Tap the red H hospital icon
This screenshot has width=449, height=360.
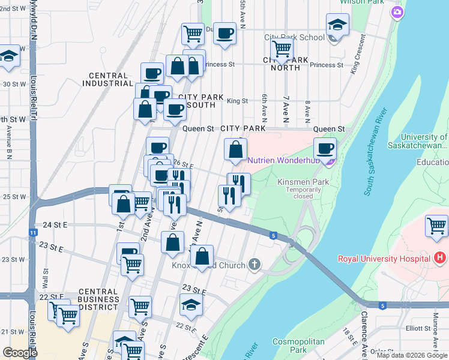pos(440,259)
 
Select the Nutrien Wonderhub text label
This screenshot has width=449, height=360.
pos(280,161)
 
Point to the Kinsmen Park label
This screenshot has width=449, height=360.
pos(295,182)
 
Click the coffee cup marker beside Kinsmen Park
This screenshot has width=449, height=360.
pos(325,149)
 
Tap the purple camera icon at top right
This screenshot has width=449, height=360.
pos(397,12)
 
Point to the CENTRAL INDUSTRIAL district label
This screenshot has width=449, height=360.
pos(108,80)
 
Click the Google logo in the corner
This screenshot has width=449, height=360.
pos(20,353)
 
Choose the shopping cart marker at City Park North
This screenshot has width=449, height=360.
pos(281,49)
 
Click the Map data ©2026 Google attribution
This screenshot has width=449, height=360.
pos(412,355)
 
